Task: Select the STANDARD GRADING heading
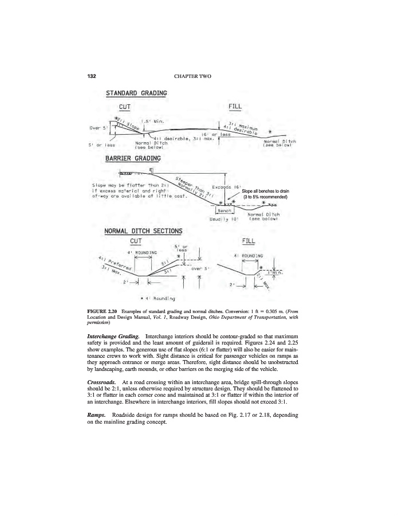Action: (x=136, y=93)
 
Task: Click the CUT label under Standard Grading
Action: (x=125, y=107)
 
